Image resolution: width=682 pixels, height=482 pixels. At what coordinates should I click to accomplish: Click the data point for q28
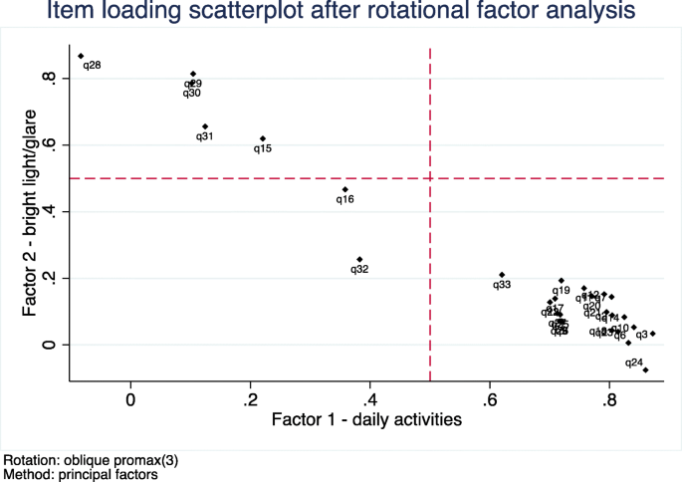click(81, 56)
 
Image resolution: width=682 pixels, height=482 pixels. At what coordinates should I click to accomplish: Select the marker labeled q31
click(205, 126)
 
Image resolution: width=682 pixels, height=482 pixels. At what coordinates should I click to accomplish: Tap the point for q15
click(263, 138)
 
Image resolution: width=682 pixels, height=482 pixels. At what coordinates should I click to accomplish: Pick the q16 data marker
click(345, 189)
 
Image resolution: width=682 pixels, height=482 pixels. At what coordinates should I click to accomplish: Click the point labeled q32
click(359, 259)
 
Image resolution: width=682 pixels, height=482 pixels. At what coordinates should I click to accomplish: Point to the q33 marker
click(502, 275)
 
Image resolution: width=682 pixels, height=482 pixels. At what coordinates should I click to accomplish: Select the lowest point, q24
click(646, 370)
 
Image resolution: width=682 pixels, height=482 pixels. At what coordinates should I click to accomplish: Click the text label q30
click(192, 93)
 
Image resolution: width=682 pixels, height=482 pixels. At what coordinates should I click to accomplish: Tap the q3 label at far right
click(641, 335)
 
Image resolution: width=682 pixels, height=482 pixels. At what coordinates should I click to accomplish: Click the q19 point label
click(561, 291)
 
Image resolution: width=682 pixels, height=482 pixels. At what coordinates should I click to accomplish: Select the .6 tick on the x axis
click(489, 398)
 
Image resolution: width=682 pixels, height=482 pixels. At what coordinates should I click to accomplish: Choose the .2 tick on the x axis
click(250, 398)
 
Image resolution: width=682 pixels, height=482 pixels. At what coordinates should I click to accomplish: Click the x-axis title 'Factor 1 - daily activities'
click(366, 419)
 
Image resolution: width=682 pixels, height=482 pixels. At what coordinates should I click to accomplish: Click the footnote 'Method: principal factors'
click(81, 474)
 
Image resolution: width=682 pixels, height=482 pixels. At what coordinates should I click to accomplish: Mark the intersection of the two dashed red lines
click(430, 178)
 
